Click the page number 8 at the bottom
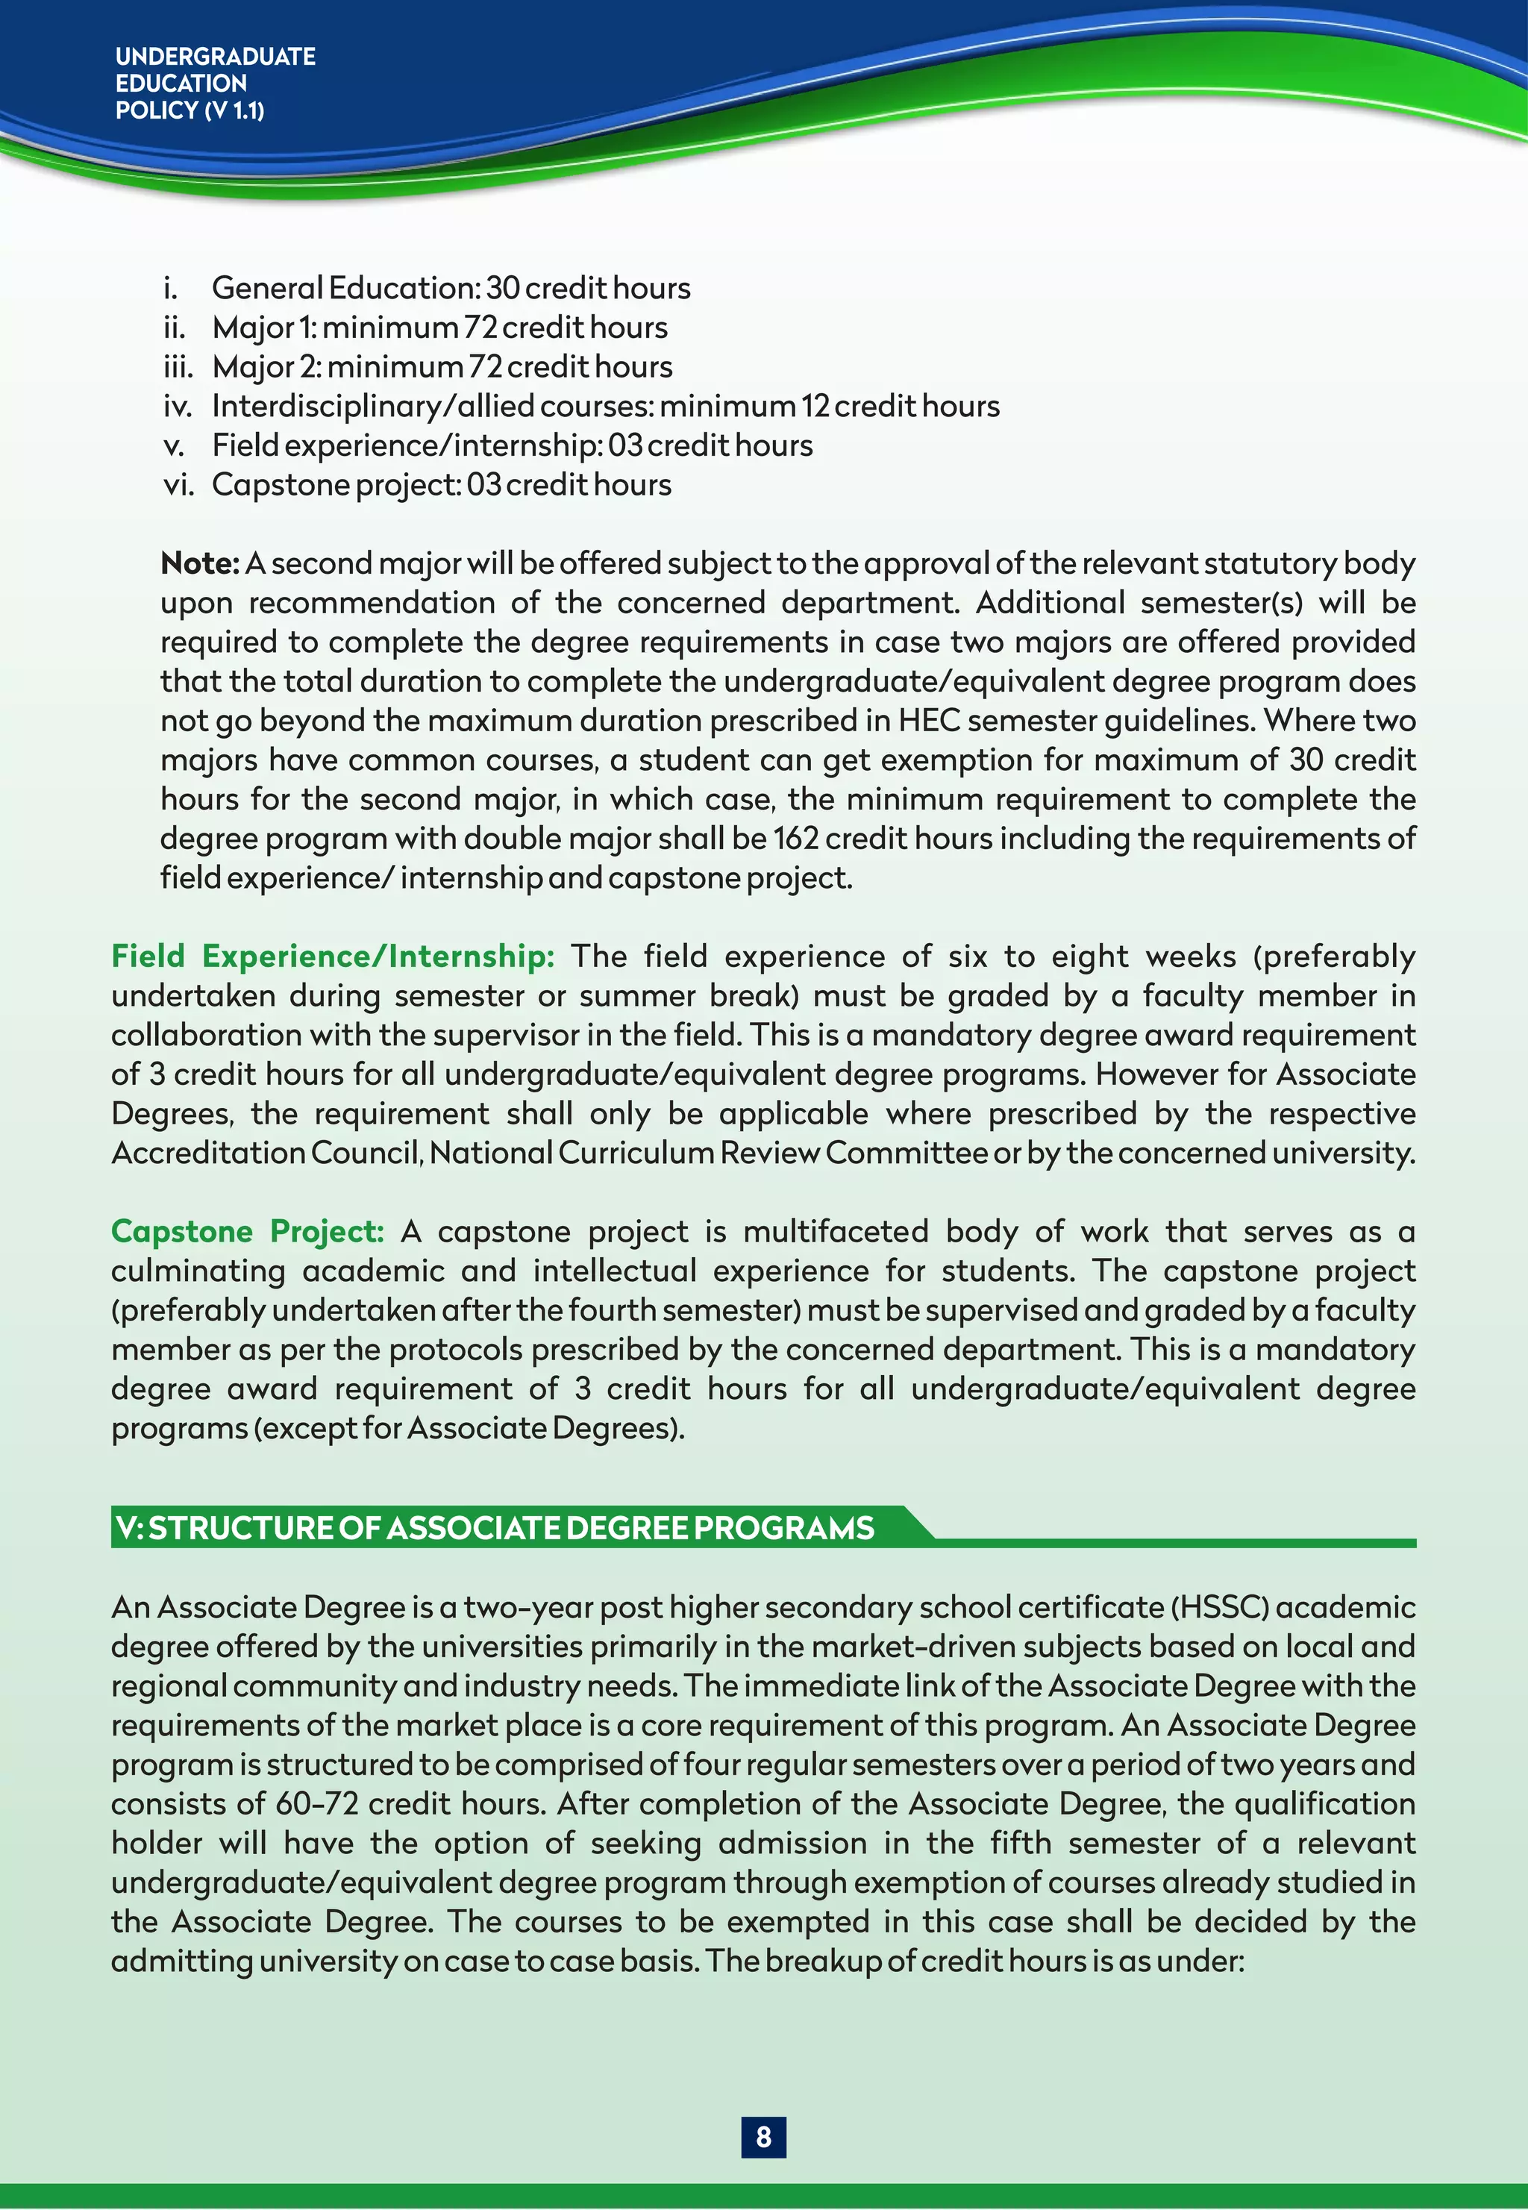(763, 2136)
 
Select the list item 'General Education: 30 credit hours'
(450, 288)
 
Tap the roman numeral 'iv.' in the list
(177, 406)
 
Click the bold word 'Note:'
(199, 563)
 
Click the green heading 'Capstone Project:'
(247, 1231)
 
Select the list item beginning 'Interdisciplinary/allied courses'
(605, 406)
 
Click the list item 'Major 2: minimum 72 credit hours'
(442, 366)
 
